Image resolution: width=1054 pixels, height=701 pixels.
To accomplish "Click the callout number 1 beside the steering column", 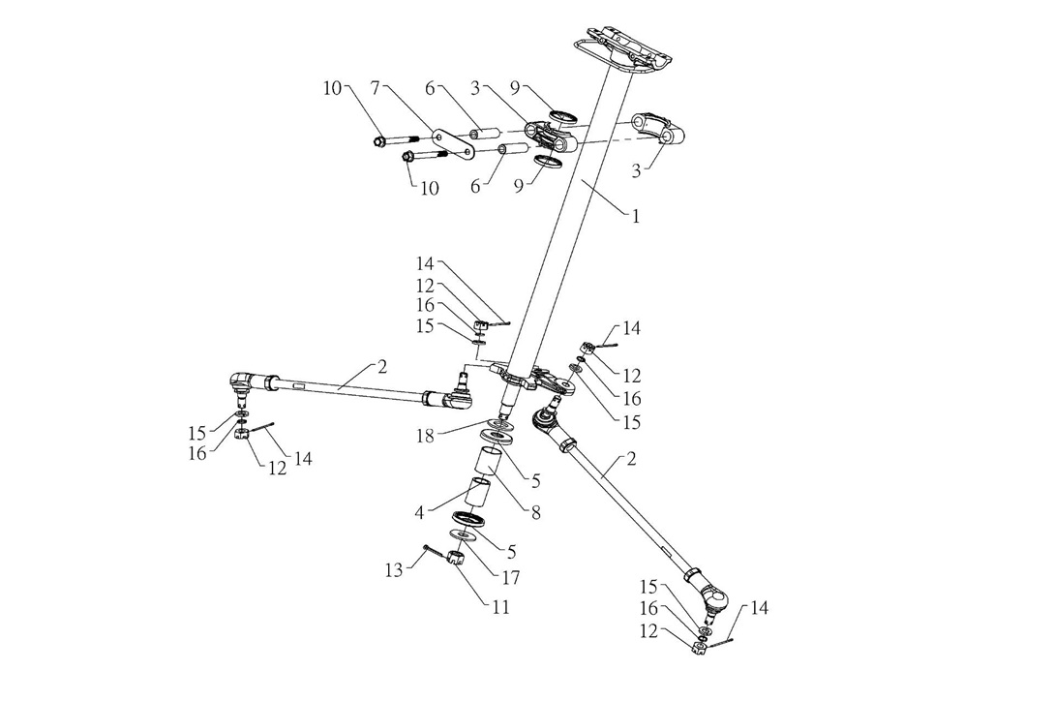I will pos(636,217).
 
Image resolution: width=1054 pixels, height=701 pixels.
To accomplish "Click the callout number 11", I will pos(500,607).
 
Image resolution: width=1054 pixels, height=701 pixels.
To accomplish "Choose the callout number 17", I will pos(510,578).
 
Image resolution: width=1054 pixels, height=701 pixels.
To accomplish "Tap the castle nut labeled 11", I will pos(457,558).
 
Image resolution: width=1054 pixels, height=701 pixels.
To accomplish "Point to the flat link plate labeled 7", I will pos(455,143).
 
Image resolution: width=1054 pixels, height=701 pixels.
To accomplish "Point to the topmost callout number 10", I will pos(332,89).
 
